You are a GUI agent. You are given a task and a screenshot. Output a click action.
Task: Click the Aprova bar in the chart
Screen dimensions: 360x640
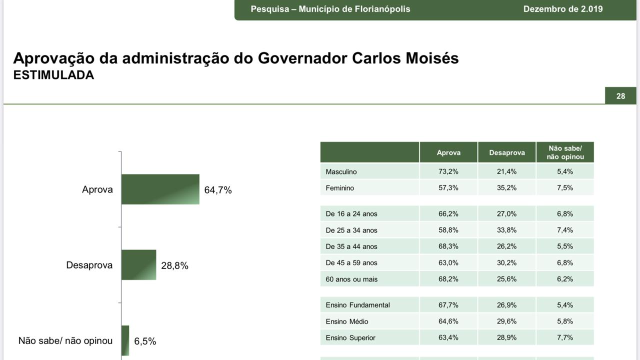(160, 189)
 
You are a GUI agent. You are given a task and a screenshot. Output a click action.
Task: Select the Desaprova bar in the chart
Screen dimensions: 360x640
(138, 265)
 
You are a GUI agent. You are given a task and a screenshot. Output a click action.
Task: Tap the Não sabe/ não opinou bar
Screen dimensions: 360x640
(125, 340)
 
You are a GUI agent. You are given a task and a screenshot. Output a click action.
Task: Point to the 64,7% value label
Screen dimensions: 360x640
(218, 190)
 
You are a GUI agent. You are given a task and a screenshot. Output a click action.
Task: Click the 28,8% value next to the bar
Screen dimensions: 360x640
(174, 266)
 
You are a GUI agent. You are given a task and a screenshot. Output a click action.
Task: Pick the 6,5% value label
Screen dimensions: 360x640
(145, 341)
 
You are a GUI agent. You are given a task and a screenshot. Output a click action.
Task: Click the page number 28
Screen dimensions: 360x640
(620, 96)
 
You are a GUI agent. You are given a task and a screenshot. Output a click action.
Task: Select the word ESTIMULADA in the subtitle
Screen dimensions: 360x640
(53, 75)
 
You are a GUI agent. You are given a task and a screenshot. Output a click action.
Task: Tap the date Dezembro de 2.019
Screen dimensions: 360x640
(563, 9)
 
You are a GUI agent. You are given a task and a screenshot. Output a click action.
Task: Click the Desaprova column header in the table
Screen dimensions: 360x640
(506, 152)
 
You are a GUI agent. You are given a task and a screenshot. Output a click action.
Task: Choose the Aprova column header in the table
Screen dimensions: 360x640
(448, 152)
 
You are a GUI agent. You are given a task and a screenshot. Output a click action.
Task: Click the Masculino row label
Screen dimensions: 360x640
(341, 171)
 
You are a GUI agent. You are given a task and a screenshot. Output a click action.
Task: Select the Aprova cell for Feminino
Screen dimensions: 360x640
(448, 188)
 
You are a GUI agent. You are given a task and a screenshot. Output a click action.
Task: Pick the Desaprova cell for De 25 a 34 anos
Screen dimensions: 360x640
(506, 230)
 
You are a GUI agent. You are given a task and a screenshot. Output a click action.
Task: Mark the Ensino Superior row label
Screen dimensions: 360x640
(350, 337)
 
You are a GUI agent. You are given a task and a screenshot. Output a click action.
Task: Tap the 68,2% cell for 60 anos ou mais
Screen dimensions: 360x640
(448, 279)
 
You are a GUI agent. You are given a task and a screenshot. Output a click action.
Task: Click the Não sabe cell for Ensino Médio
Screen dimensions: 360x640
(565, 321)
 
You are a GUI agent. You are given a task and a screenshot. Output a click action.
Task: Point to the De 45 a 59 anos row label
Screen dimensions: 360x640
(351, 262)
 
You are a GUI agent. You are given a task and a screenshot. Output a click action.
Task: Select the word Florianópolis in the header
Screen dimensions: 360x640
(382, 9)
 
